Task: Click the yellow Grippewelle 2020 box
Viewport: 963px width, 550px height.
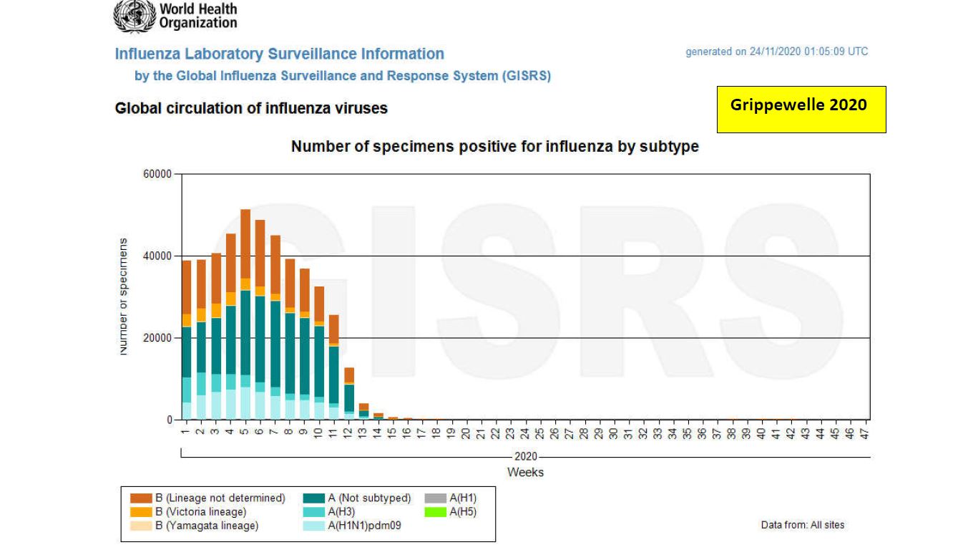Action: pos(801,110)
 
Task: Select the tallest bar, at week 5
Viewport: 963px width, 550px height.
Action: pos(245,315)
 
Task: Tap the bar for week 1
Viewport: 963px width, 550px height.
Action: pos(186,340)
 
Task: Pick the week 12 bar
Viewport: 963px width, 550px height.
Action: pos(348,394)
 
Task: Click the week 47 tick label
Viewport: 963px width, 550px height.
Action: pos(864,433)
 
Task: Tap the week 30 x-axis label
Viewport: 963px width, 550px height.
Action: pos(614,433)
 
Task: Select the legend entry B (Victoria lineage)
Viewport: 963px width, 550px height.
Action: pos(200,512)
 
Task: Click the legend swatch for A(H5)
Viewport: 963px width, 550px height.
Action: pos(435,512)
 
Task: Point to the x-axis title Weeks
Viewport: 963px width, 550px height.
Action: pos(525,472)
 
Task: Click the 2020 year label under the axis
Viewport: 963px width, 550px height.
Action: pos(525,457)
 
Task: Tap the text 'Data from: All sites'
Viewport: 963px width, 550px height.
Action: pos(802,525)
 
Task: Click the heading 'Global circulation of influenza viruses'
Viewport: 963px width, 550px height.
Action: pos(251,109)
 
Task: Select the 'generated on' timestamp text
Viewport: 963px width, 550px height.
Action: pos(776,52)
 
